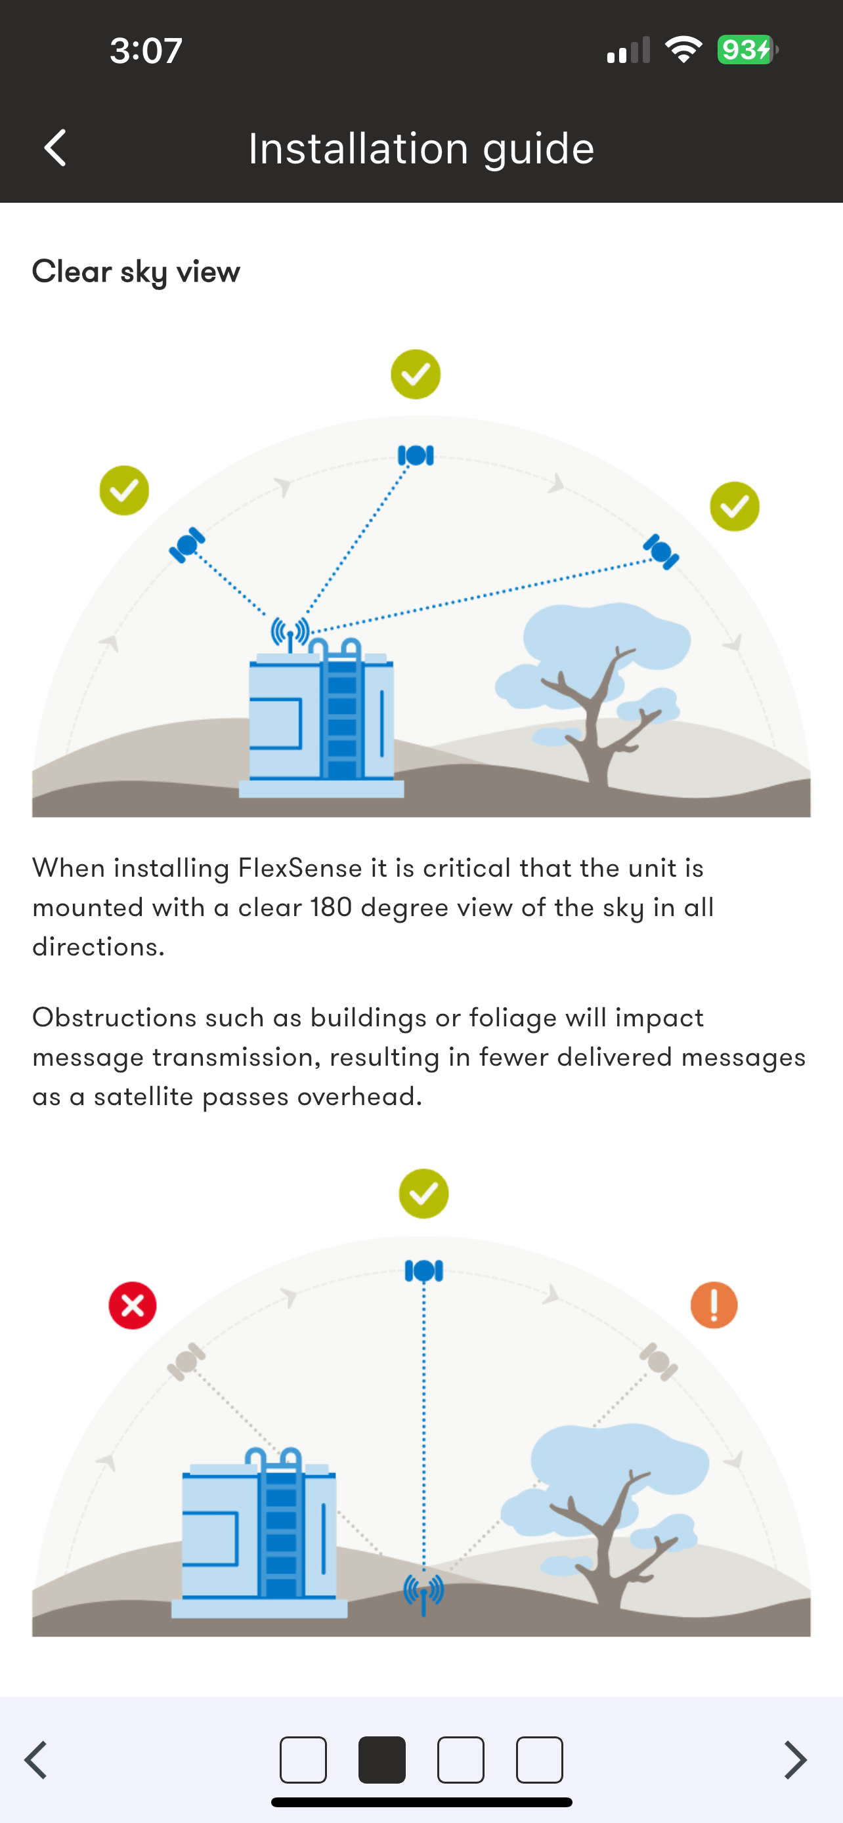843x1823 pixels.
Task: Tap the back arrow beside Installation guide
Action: pyautogui.click(x=55, y=148)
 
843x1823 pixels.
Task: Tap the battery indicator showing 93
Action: pyautogui.click(x=747, y=49)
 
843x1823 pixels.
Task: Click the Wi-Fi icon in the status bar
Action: pyautogui.click(x=683, y=49)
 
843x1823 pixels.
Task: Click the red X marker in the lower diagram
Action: pyautogui.click(x=133, y=1305)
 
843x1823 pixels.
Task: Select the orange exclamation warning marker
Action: pyautogui.click(x=714, y=1305)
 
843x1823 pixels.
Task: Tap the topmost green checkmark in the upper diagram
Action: pyautogui.click(x=416, y=374)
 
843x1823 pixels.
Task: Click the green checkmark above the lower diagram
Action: pyautogui.click(x=423, y=1194)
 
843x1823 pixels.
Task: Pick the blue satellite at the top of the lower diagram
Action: pyautogui.click(x=424, y=1271)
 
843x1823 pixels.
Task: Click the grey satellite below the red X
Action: pyautogui.click(x=186, y=1361)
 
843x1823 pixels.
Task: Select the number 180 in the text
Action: pyautogui.click(x=332, y=908)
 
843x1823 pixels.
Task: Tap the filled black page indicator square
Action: pyautogui.click(x=382, y=1759)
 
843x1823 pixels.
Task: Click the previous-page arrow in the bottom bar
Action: pyautogui.click(x=36, y=1759)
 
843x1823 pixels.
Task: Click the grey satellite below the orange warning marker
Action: pyautogui.click(x=659, y=1361)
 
